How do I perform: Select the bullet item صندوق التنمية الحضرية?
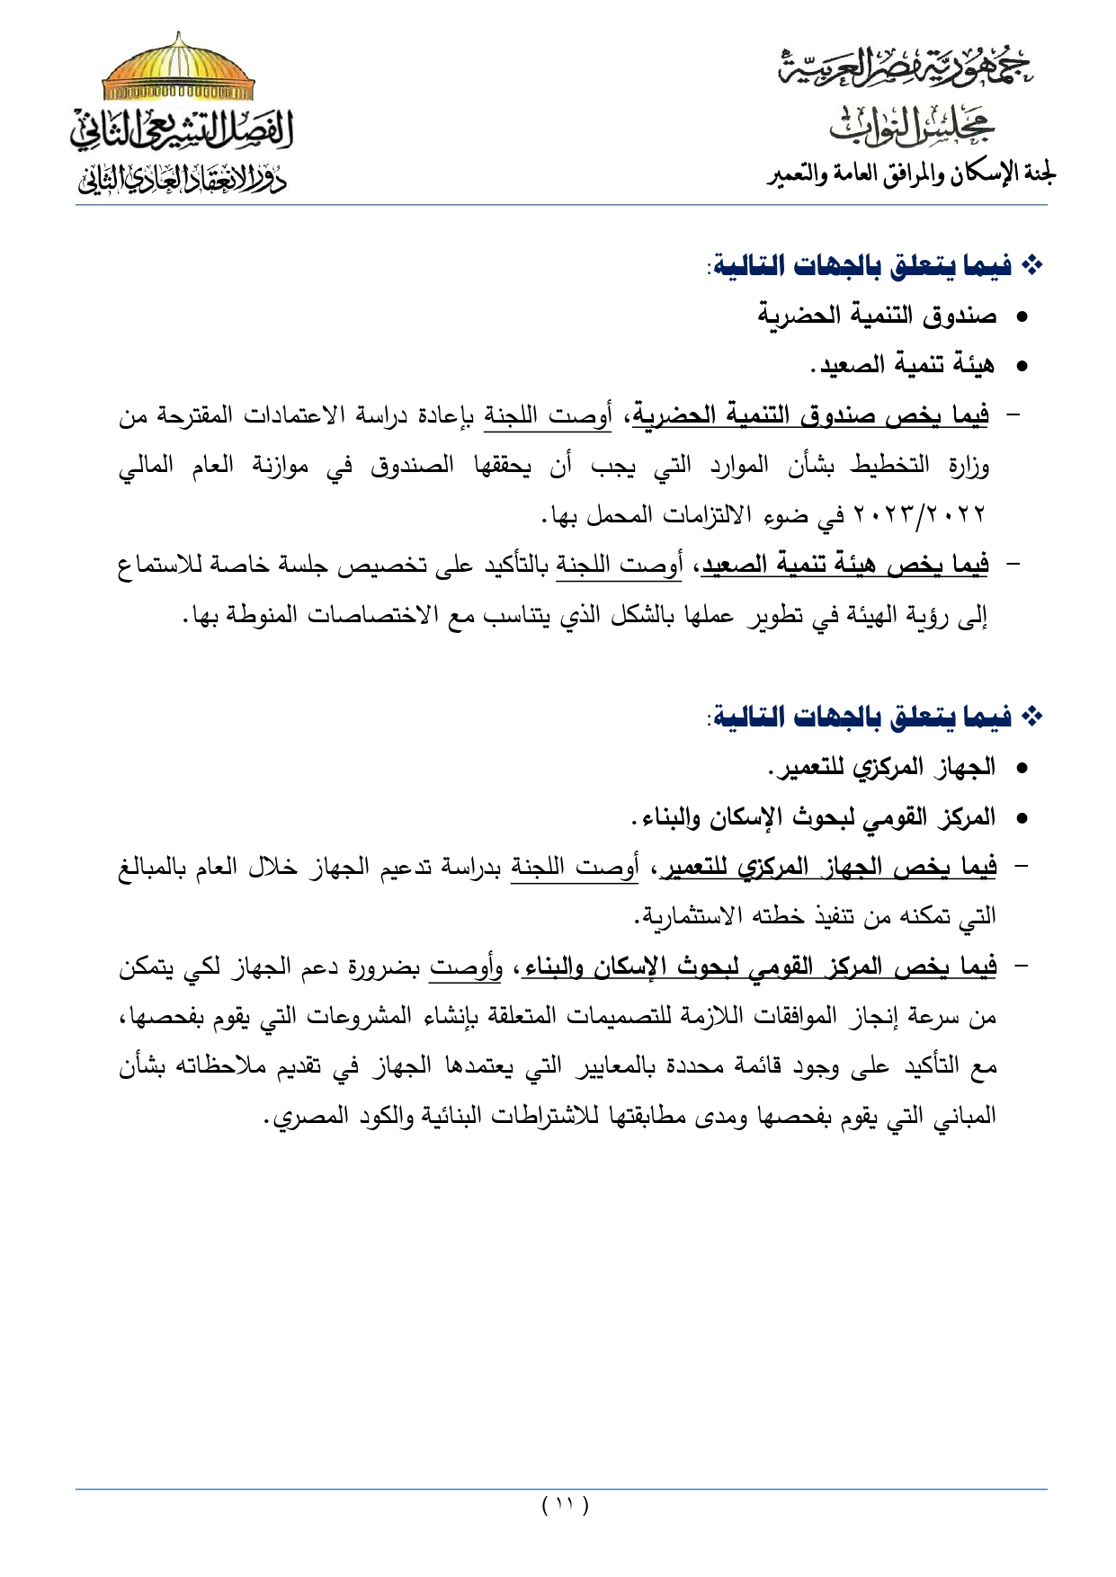[x=877, y=316]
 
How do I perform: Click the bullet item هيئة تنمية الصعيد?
[x=903, y=365]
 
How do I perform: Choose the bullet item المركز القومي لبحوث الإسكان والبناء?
[x=814, y=817]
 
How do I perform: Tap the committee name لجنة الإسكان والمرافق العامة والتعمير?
[x=911, y=174]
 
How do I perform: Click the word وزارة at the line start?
[x=969, y=465]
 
